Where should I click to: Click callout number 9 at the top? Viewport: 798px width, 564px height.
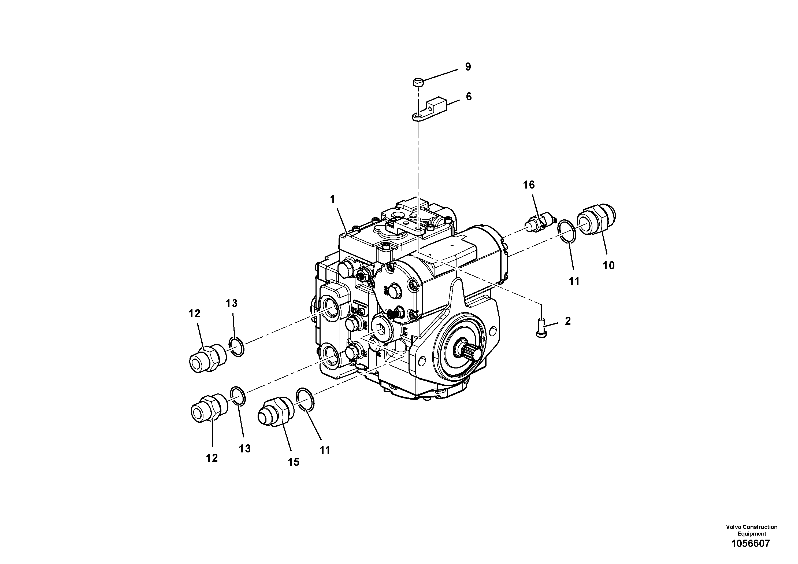tap(468, 67)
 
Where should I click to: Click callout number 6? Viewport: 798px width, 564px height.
tap(469, 97)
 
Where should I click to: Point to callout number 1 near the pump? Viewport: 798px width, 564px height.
tap(333, 199)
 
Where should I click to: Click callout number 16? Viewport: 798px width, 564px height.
tap(529, 185)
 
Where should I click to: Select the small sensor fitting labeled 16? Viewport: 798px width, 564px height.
tap(539, 223)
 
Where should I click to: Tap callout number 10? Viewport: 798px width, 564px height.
tap(608, 266)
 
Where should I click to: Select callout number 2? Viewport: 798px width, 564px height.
tap(567, 321)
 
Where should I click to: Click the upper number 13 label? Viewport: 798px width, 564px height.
tap(231, 304)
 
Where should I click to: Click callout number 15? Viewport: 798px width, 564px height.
tap(293, 462)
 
